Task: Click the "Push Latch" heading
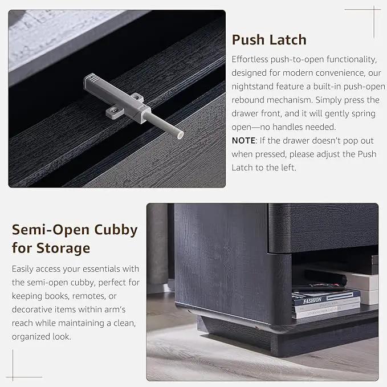coord(269,40)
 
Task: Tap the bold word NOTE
coord(243,140)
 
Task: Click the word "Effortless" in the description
coord(250,59)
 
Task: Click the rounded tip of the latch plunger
coord(180,135)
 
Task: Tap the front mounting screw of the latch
coord(113,111)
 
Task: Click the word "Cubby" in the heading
coord(116,230)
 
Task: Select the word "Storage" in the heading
coord(63,249)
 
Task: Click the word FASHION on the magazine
coord(312,300)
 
